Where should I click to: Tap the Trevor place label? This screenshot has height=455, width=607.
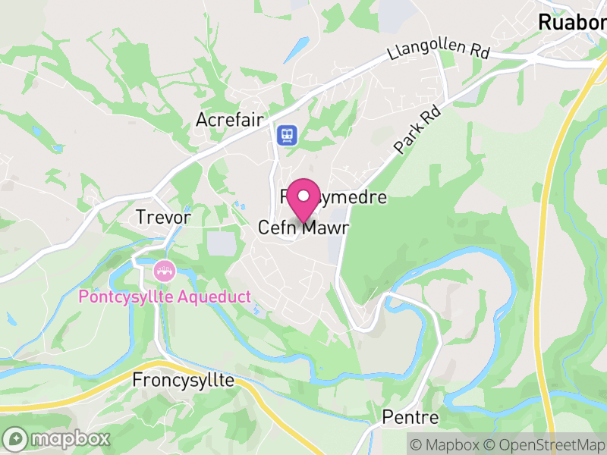[162, 217]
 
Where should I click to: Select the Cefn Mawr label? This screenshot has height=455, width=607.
[301, 227]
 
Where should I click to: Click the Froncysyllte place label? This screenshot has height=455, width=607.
[184, 380]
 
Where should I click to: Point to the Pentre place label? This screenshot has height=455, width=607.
[410, 418]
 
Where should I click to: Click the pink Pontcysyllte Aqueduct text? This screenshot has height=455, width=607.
[165, 297]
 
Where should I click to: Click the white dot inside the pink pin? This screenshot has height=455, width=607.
[304, 196]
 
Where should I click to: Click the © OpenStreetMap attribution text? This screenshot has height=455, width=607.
[544, 444]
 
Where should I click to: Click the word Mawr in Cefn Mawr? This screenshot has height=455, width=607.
[322, 227]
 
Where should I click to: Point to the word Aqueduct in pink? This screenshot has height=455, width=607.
[215, 297]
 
